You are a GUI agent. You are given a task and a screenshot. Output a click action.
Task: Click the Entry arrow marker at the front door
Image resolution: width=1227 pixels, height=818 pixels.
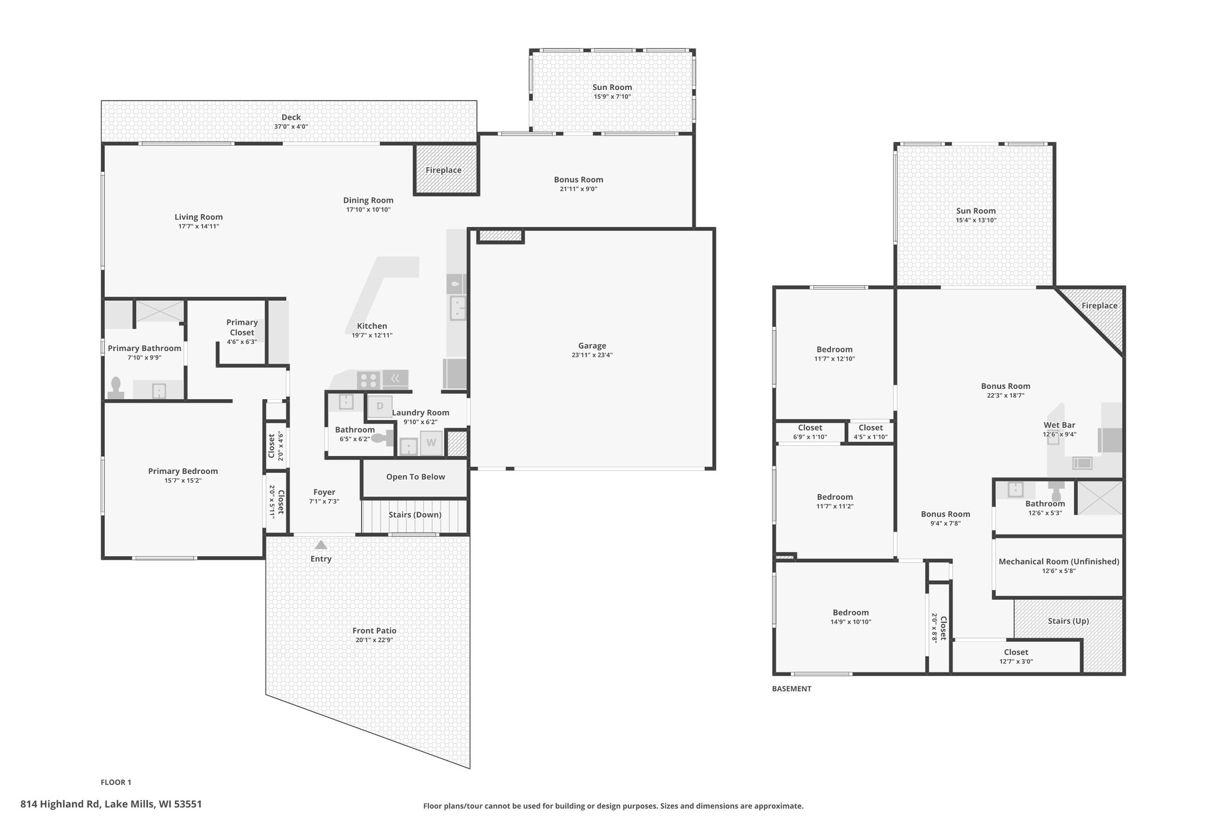[x=321, y=545]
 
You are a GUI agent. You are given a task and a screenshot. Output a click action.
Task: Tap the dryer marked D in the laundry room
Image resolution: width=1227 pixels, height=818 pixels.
[x=380, y=406]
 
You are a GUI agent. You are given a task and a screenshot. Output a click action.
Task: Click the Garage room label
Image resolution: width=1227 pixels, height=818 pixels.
[x=592, y=346]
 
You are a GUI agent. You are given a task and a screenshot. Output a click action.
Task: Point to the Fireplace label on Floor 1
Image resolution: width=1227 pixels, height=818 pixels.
[x=443, y=170]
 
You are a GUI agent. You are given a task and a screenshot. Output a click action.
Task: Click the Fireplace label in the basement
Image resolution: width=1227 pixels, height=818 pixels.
[x=1099, y=306]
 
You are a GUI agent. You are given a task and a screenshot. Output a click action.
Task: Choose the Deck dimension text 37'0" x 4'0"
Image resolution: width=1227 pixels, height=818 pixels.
[x=291, y=127]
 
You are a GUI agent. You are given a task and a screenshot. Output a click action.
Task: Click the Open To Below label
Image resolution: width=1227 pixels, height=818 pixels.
[x=416, y=477]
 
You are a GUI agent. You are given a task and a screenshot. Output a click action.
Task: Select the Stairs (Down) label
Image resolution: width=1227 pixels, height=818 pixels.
[x=415, y=515]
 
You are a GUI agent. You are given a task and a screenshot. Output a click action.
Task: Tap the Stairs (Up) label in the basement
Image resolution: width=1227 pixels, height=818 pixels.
[x=1068, y=621]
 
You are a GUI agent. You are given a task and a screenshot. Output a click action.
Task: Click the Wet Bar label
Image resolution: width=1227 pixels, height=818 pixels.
[x=1059, y=425]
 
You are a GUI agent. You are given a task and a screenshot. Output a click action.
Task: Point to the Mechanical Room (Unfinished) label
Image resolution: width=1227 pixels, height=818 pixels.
[x=1059, y=562]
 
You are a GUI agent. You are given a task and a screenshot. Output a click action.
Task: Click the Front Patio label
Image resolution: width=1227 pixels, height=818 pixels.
[x=374, y=630]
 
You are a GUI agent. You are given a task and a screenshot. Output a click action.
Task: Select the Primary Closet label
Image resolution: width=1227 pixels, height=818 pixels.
[x=242, y=327]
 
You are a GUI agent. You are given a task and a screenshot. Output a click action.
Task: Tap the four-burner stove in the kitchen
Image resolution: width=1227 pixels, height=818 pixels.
[x=368, y=380]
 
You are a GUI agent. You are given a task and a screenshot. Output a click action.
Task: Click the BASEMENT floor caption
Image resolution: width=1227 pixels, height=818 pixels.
[x=791, y=689]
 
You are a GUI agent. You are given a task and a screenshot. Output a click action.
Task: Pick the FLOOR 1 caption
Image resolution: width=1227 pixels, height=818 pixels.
[x=116, y=782]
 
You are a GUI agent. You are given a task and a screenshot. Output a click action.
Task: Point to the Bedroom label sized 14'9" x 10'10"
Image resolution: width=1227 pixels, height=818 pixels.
[x=850, y=612]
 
